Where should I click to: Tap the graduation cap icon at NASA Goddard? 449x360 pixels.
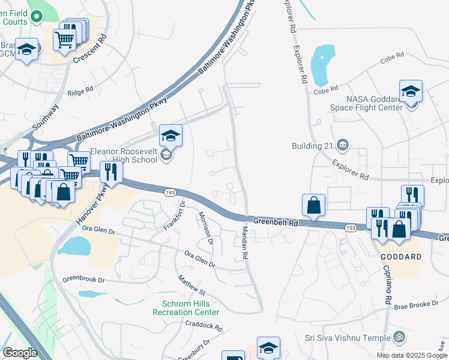tap(411, 92)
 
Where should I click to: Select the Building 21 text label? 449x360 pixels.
tap(311, 145)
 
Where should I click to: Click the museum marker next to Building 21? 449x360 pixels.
tap(343, 144)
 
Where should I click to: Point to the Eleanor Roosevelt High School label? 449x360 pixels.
tap(124, 156)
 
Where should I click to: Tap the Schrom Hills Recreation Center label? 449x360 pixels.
tap(185, 308)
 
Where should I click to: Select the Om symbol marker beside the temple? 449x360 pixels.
tap(397, 337)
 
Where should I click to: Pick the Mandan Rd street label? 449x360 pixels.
tap(245, 242)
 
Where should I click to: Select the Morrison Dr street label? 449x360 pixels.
tap(205, 229)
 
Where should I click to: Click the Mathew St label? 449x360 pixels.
tap(191, 286)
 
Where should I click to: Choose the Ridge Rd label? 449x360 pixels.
tap(80, 91)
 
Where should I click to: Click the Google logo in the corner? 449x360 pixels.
tap(20, 353)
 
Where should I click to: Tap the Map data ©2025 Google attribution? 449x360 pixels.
tap(411, 355)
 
